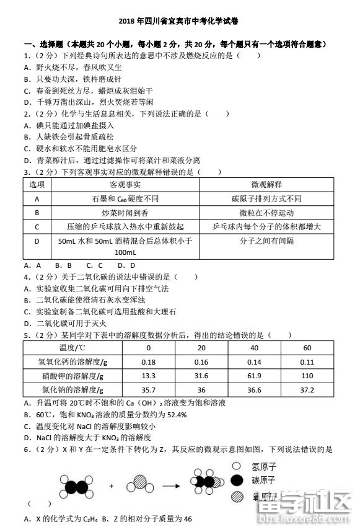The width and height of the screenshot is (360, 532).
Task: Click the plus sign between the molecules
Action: coord(112,485)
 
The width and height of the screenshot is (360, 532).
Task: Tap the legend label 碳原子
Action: coord(263,481)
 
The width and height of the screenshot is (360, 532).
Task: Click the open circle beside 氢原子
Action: coord(236,466)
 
